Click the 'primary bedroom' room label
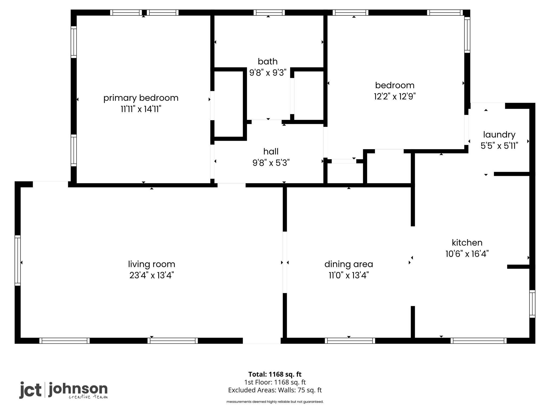[x=141, y=98]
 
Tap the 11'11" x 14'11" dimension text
[x=141, y=109]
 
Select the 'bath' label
[x=267, y=62]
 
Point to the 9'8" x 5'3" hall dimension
[x=271, y=163]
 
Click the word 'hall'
[x=271, y=152]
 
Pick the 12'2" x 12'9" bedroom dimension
[x=395, y=96]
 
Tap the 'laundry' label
[x=499, y=135]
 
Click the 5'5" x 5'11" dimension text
[x=499, y=146]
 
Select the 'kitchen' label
[x=467, y=243]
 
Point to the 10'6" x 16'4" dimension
[x=467, y=254]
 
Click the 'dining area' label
[x=349, y=264]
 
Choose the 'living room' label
[x=151, y=264]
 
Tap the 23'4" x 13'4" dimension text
[x=151, y=276]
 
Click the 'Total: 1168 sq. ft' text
[x=275, y=374]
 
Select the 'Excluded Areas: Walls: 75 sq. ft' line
[x=275, y=390]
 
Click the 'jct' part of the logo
[x=30, y=390]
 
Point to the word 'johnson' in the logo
[x=78, y=389]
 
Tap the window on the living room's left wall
[x=17, y=260]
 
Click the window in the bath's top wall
[x=269, y=12]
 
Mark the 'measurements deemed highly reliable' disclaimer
[x=275, y=402]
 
